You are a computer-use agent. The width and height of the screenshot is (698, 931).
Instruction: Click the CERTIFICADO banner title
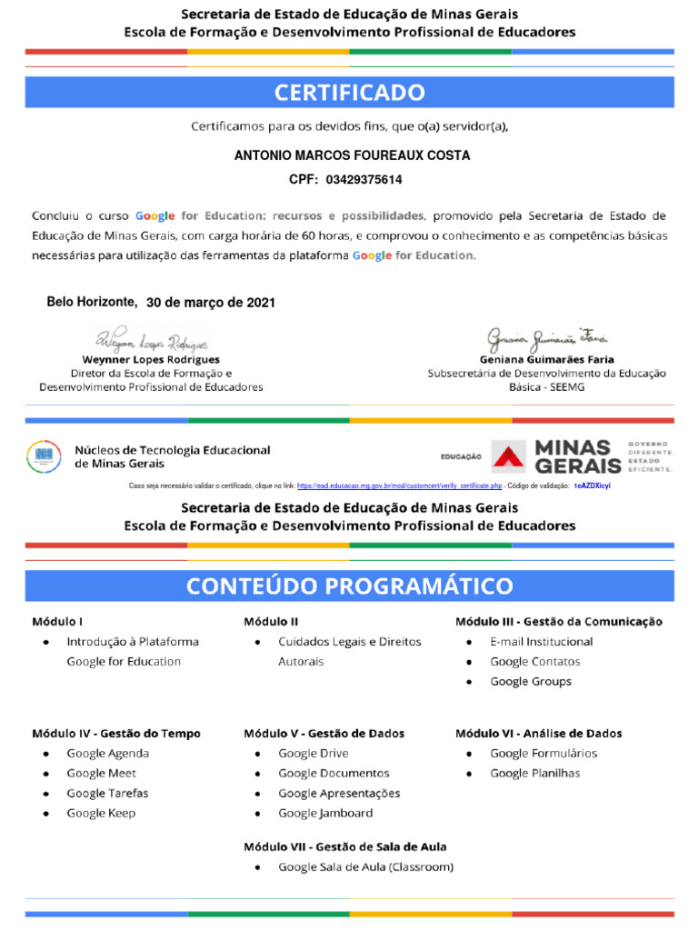coord(349,93)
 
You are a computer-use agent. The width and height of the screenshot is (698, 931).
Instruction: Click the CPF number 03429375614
coord(364,180)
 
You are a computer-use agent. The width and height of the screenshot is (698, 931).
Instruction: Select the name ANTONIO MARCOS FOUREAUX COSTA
coord(352,155)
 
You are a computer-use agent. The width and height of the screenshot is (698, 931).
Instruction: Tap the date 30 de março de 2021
coord(210,303)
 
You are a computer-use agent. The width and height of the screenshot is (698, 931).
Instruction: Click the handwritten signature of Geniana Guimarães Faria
coord(546,337)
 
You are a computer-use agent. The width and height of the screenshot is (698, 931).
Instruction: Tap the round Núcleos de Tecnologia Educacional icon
coord(44,455)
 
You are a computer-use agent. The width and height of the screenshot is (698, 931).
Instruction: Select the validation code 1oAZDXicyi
coord(592,486)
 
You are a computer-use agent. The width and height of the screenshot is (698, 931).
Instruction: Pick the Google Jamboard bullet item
coord(324,813)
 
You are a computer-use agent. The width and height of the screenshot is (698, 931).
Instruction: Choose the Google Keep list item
coord(100,813)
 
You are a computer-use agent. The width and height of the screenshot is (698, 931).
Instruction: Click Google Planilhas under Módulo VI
coord(534,773)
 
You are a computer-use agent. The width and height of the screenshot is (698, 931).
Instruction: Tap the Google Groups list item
coord(531,681)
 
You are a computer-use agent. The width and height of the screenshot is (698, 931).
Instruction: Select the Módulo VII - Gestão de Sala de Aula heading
coord(344,846)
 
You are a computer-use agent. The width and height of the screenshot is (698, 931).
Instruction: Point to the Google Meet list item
coord(99,773)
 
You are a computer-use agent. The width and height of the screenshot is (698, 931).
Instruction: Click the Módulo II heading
coord(271,622)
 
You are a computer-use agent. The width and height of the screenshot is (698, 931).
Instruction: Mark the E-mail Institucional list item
coord(541,641)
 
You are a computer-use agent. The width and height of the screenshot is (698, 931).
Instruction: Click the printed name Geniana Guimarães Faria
coord(546,359)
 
